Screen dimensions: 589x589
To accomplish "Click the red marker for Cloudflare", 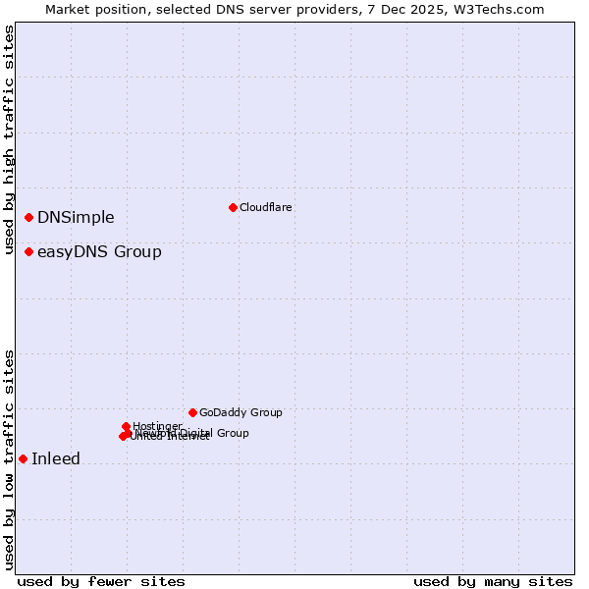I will point(233,207).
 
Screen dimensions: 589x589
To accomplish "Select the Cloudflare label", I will point(266,207).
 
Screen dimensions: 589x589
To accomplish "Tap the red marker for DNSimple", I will point(29,217).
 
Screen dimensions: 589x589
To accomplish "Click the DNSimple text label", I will point(76,218).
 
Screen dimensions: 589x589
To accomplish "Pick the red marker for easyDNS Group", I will point(29,252).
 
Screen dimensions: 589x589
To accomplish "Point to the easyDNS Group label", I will point(99,252).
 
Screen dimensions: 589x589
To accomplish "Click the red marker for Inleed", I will point(23,458).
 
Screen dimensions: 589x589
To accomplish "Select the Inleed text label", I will point(56,458).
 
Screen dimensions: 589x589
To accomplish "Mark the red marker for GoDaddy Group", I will point(192,412).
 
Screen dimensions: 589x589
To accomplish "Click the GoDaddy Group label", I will point(241,412).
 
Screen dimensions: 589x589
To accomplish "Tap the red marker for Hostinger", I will point(127,426).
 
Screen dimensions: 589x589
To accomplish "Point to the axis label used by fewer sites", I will point(101,581).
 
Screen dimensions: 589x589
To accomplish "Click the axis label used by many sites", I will point(493,581).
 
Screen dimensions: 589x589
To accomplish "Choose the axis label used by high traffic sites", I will point(9,139).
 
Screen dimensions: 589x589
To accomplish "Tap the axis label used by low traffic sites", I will point(9,458).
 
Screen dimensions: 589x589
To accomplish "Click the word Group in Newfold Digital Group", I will point(232,433).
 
